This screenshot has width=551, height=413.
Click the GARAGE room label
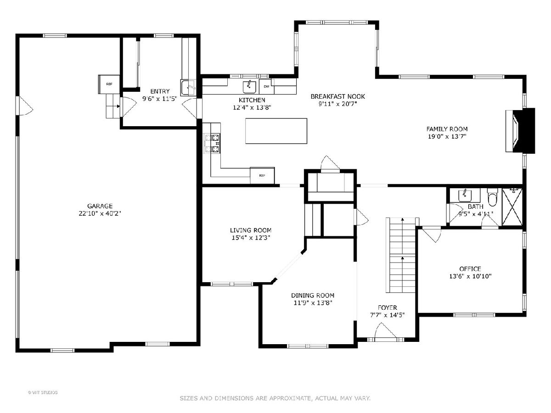(x=100, y=206)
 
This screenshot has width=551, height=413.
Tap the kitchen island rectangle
(x=276, y=131)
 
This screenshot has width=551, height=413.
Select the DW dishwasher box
(x=266, y=87)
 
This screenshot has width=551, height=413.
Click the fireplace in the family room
(x=520, y=130)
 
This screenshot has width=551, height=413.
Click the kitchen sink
(x=249, y=87)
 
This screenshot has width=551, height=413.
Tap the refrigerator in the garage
(x=109, y=84)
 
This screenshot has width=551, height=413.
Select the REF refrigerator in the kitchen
(x=262, y=175)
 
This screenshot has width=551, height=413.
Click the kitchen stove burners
(x=213, y=144)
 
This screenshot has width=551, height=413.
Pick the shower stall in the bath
(x=512, y=206)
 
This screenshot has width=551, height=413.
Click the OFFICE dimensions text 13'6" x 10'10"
(x=470, y=276)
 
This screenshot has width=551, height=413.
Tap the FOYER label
(x=388, y=307)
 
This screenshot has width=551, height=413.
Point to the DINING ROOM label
(x=313, y=296)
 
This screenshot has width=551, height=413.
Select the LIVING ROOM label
(x=251, y=230)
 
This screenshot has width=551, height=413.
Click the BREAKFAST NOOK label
(x=337, y=96)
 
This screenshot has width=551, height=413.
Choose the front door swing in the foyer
(x=385, y=331)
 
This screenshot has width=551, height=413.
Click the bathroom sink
(x=465, y=195)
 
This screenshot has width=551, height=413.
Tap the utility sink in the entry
(x=188, y=88)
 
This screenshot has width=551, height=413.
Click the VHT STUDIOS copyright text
(x=43, y=392)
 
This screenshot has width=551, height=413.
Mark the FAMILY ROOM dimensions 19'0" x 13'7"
(x=447, y=137)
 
